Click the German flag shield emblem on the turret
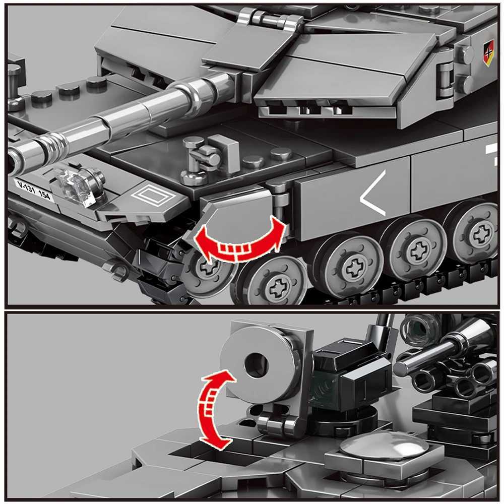(x=488, y=52)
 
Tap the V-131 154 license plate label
(x=34, y=190)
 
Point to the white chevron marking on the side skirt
(x=373, y=194)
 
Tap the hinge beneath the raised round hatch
(x=275, y=423)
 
